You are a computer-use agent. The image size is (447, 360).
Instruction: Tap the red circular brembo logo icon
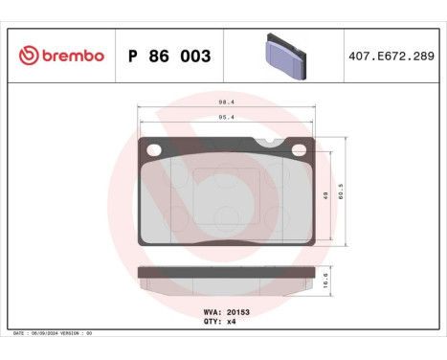click(27, 56)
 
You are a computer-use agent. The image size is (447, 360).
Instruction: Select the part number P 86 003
click(168, 56)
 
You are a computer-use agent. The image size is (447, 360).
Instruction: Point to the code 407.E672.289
click(393, 56)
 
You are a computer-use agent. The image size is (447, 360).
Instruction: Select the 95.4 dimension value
click(225, 120)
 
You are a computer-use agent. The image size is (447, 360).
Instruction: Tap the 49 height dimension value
click(325, 193)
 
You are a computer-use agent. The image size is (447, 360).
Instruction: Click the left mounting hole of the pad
click(152, 149)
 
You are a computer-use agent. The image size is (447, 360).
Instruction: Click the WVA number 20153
click(238, 312)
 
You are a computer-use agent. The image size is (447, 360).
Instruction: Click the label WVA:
click(212, 312)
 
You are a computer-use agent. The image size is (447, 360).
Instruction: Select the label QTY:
click(212, 322)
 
